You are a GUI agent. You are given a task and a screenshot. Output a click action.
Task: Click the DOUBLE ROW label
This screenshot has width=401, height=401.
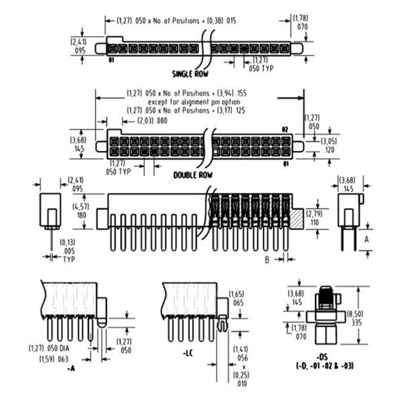[x=192, y=174]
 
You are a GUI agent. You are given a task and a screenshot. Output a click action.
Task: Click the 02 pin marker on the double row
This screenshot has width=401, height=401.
[x=284, y=128]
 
